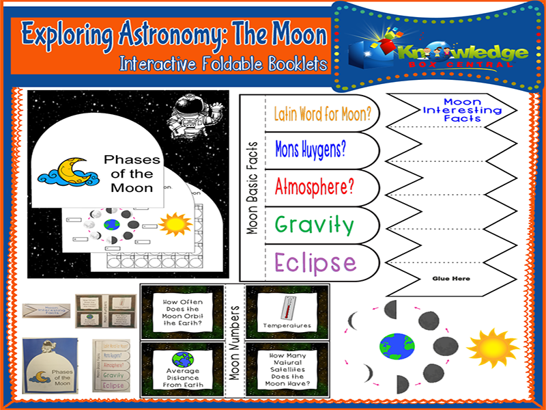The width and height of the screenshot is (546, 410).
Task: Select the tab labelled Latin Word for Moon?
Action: click(x=322, y=113)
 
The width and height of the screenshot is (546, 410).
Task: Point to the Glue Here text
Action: click(x=451, y=279)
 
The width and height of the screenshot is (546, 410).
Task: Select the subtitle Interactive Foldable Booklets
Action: click(x=222, y=64)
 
